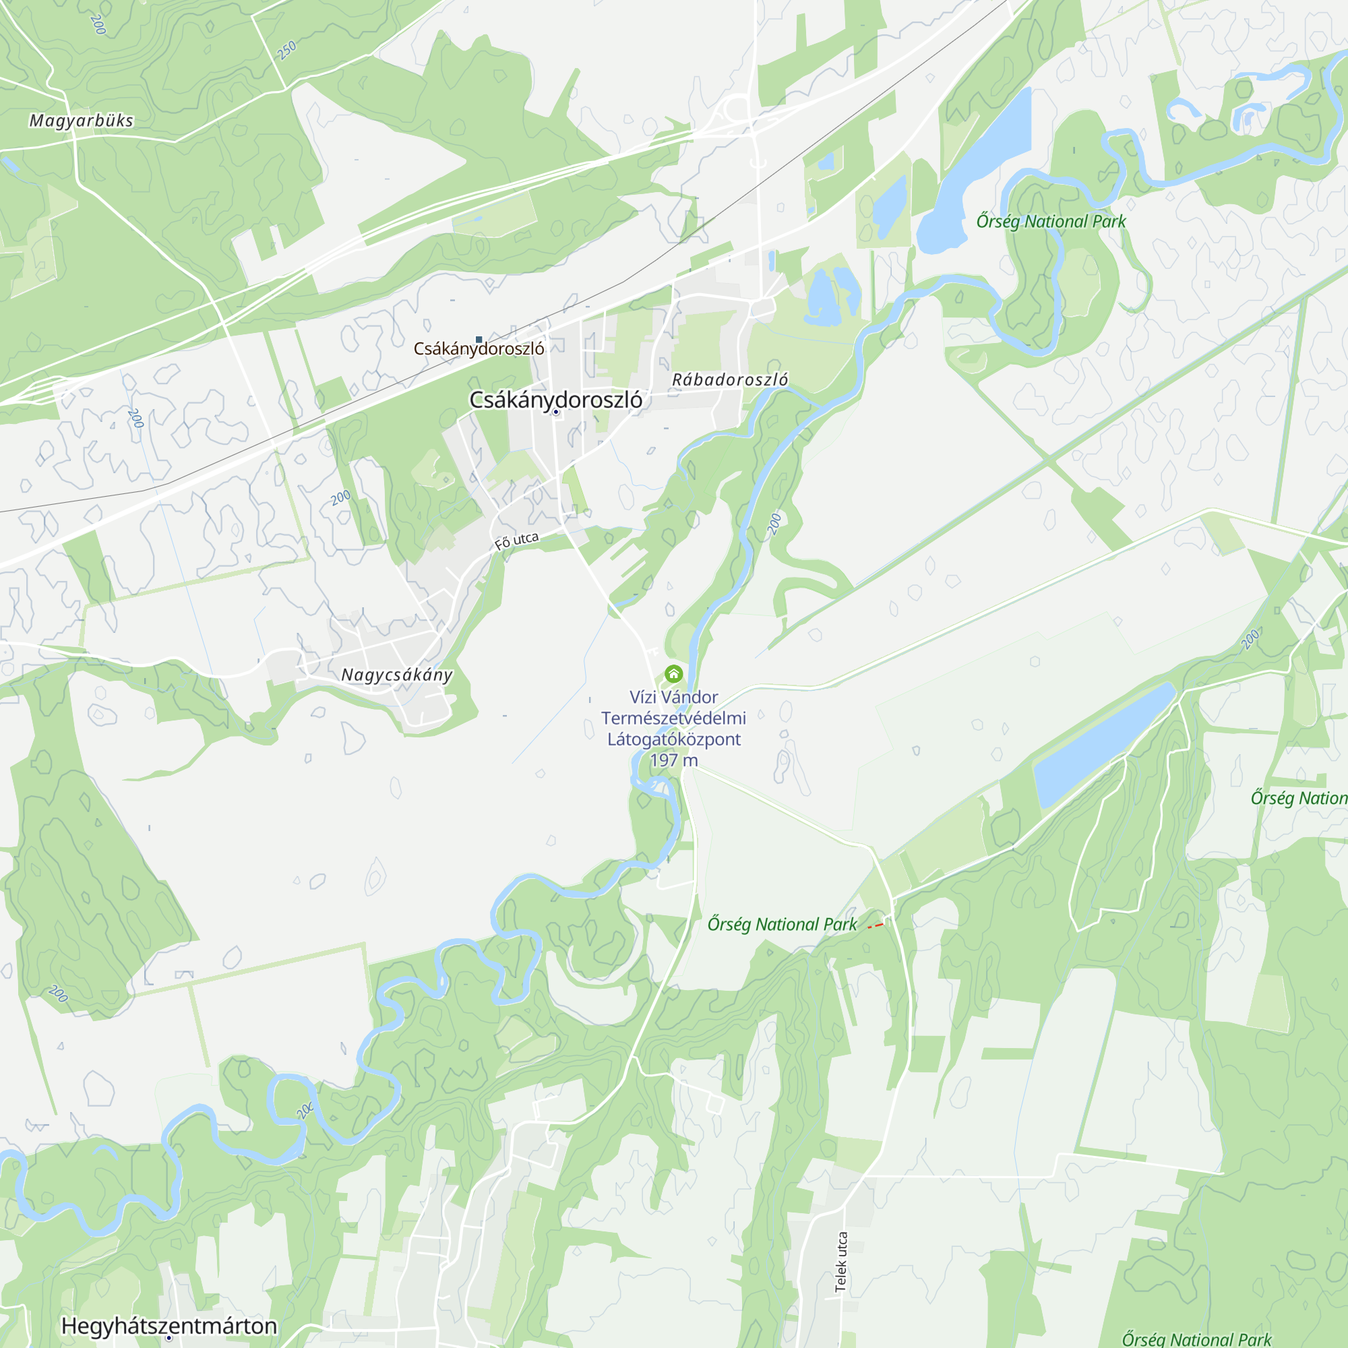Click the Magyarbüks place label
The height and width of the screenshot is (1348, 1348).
81,121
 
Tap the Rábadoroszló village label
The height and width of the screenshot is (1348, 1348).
730,379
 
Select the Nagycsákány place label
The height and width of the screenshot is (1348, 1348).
396,675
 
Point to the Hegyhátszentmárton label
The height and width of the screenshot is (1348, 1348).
170,1326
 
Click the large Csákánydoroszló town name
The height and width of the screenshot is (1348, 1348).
555,400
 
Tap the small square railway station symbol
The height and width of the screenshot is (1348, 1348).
479,340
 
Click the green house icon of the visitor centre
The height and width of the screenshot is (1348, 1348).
673,673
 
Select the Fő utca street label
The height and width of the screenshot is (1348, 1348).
516,541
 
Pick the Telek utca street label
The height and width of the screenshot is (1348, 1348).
841,1262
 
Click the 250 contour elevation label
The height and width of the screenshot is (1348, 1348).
286,51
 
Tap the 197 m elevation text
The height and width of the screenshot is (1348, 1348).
673,760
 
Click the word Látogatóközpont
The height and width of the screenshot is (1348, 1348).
673,739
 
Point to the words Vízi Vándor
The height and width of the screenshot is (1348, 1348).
673,697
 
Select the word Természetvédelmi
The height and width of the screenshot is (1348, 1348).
673,718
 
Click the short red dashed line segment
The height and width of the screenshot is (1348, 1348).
875,926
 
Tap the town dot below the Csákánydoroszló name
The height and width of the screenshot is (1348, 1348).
556,412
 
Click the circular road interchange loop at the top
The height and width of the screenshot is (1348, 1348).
737,109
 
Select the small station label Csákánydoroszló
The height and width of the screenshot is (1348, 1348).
479,349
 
